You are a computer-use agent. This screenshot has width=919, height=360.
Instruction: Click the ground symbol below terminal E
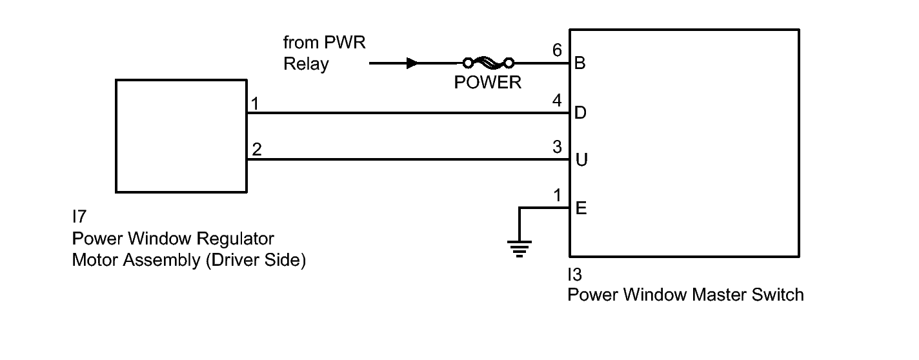point(519,248)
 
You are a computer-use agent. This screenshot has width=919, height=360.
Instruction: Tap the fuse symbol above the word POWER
point(487,63)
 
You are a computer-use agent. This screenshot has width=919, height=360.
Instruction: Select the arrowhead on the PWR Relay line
point(412,63)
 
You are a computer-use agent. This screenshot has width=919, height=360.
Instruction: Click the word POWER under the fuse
point(487,83)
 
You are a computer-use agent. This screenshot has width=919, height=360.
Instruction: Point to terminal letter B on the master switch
point(580,63)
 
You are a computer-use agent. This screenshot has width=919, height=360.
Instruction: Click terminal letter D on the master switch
point(580,113)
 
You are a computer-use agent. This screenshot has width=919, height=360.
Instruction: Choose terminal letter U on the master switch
point(581,160)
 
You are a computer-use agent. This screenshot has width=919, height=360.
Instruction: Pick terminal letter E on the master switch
point(580,208)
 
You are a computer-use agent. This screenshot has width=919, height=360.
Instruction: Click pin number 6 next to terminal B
point(558,50)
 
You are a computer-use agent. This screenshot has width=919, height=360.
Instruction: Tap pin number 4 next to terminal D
point(558,100)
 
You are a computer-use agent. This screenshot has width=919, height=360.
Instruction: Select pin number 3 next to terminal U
point(558,147)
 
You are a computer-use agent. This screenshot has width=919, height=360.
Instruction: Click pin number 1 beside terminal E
point(558,195)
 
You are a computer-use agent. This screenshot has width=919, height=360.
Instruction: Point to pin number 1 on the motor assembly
point(256,103)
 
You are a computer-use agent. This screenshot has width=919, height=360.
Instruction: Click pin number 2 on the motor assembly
point(257,150)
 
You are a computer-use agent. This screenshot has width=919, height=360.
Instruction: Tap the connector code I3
point(574,275)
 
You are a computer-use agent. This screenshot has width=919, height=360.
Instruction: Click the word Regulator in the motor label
point(236,239)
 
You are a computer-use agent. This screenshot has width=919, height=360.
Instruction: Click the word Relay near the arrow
point(306,64)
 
